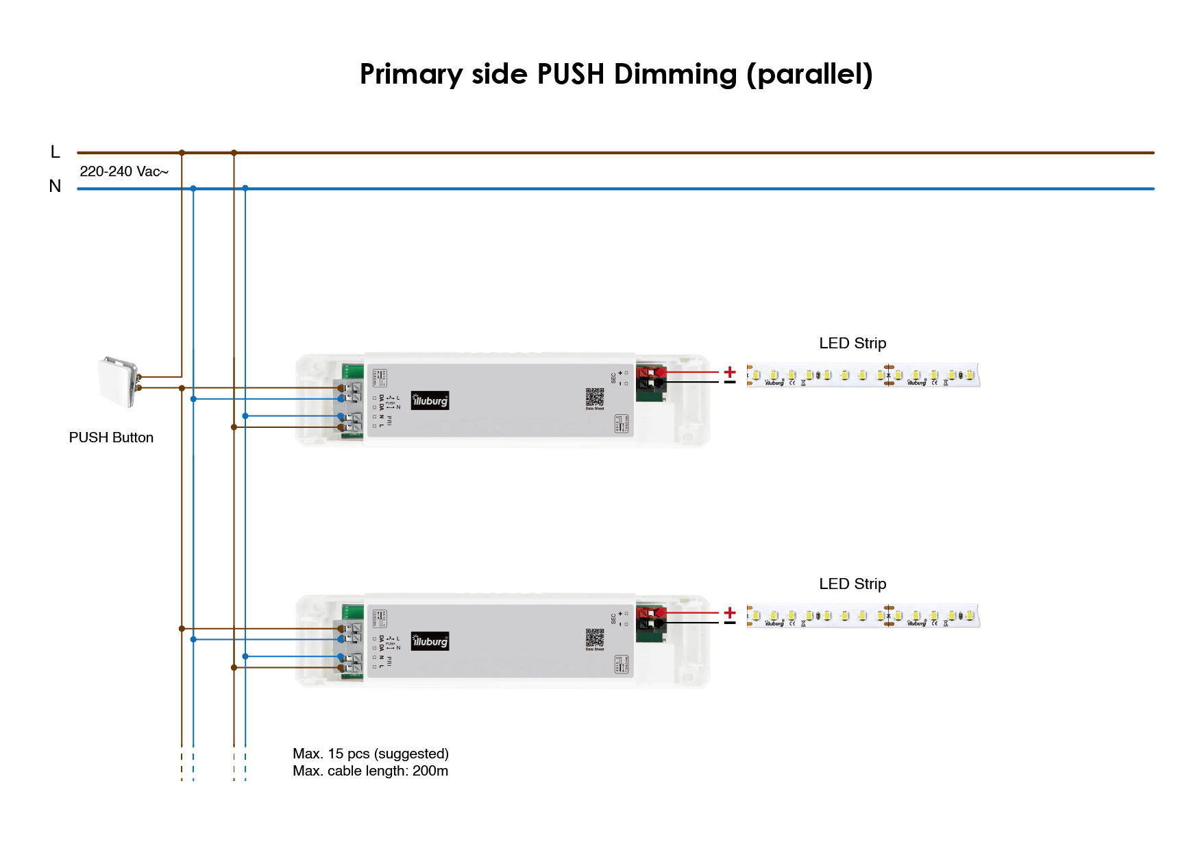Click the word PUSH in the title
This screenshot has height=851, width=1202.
coord(570,74)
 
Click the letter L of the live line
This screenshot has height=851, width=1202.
coord(56,152)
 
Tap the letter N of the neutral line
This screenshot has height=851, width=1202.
coord(56,186)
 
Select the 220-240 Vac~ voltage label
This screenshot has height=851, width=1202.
coord(124,171)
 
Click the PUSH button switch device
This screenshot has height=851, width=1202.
coord(118,381)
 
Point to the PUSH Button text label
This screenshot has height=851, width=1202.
coord(111,438)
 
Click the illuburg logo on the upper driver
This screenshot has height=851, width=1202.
coord(430,400)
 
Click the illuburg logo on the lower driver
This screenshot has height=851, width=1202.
coord(430,641)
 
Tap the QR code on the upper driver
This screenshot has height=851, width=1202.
coord(595,397)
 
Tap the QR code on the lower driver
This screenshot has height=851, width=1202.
coord(595,638)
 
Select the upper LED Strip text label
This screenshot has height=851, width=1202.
coord(853,343)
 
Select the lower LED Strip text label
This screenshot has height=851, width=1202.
coord(853,584)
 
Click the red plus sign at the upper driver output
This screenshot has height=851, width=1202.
coord(730,372)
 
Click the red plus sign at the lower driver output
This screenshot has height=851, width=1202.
coord(730,612)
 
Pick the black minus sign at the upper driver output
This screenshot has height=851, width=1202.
coord(730,383)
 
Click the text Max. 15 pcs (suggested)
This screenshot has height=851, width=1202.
coord(371,754)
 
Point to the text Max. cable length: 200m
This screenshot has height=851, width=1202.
coord(371,771)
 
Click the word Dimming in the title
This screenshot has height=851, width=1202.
coord(675,74)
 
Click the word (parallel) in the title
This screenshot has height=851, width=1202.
coord(809,74)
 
